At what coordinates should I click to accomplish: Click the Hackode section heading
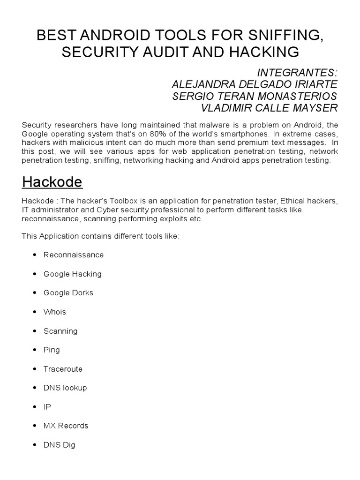point(52,182)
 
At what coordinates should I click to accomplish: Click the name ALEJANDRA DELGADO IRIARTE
point(255,84)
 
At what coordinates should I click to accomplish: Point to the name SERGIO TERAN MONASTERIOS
point(255,96)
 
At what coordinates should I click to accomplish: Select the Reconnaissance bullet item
point(74,255)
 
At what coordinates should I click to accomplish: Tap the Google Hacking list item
point(72,274)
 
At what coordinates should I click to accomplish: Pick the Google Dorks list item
point(68,293)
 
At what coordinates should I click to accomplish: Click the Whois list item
point(55,312)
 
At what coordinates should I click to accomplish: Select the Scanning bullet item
point(60,331)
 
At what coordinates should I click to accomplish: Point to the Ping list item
point(52,350)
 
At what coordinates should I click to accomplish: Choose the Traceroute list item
point(63,369)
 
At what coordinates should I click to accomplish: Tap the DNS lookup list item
point(65,388)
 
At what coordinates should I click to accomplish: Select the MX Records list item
point(66,426)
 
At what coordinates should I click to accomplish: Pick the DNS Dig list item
point(59,445)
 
